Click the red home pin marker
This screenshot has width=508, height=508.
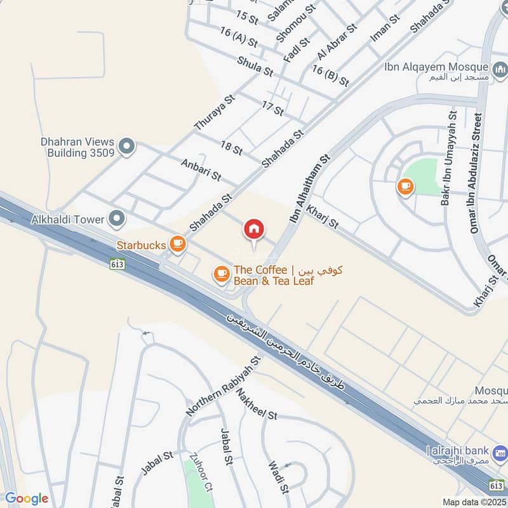coord(254,229)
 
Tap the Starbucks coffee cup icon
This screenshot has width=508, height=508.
coord(177,244)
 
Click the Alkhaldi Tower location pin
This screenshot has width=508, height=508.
coord(116,219)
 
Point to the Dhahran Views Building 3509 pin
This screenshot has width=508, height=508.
coord(127,147)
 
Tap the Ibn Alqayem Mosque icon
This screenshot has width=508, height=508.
coord(500,67)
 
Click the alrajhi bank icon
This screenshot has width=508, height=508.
coord(500,454)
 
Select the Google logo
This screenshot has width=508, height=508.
coord(26,498)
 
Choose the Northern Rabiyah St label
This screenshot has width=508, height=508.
coord(224,386)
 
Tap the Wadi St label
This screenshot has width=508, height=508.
coord(279,477)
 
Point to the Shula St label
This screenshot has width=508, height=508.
coord(255,67)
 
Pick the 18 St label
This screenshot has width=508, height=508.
coord(232,148)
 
